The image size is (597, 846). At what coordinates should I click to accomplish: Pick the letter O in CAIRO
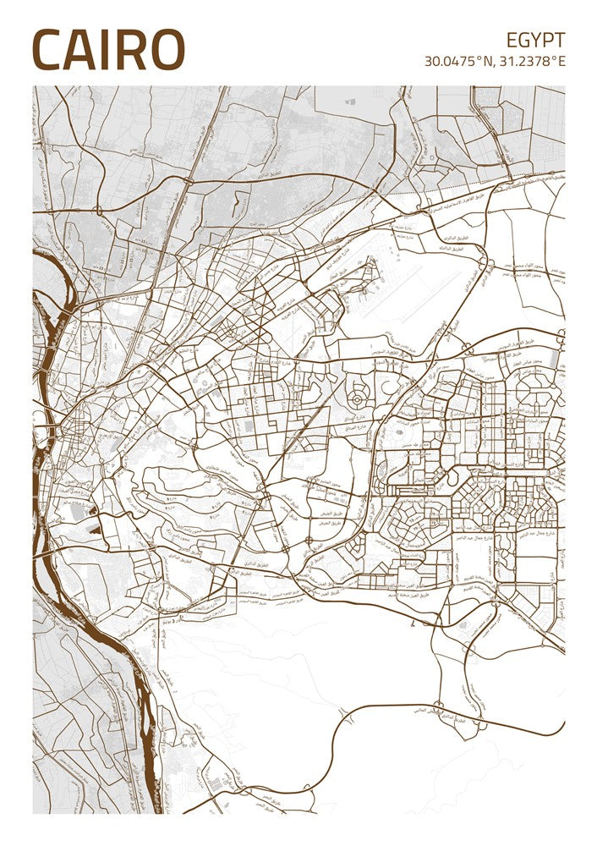point(167,50)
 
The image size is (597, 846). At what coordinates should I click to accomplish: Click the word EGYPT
point(535,40)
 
